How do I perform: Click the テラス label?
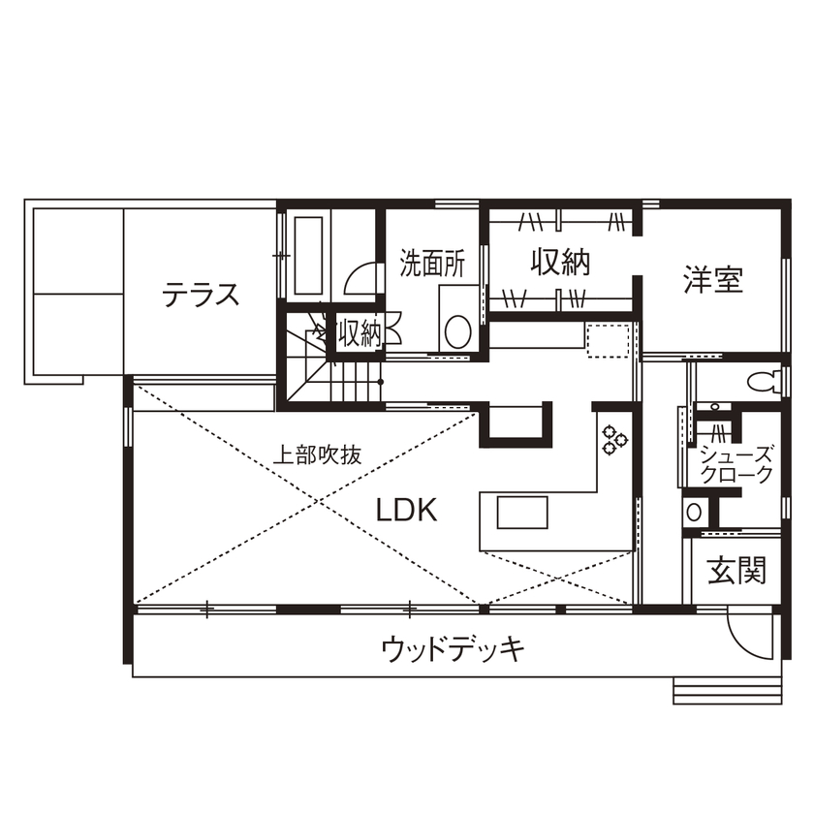pos(201,295)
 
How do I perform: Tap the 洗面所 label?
pos(432,265)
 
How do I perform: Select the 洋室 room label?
pos(712,281)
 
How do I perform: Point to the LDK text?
pos(407,511)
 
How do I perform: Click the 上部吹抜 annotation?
pos(316,455)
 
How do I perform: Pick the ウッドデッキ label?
pos(453,648)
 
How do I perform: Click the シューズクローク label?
pos(737,465)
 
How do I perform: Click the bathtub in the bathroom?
pos(308,256)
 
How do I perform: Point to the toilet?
pos(765,381)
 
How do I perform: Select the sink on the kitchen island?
pos(523,511)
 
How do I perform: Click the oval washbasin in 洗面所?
pos(456,331)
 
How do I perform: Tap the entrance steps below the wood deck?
pos(727,690)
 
